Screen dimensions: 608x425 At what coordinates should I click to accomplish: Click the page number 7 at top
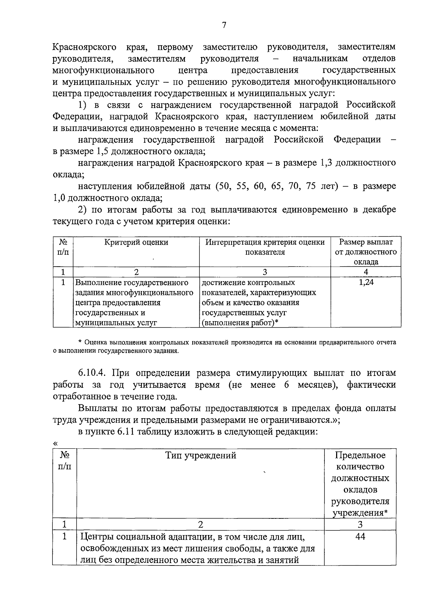pos(224,25)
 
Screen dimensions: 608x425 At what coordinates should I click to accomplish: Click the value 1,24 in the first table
pos(366,283)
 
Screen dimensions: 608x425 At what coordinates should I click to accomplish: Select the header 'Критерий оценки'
pos(136,242)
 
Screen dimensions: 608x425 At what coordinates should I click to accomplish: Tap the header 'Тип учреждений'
pos(201,455)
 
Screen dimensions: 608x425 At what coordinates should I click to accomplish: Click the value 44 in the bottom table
pos(360,536)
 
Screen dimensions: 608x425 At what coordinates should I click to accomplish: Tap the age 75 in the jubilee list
pos(311,187)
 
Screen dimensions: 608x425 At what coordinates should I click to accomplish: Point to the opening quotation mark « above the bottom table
pos(55,443)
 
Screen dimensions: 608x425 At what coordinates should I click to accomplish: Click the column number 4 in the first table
pos(366,272)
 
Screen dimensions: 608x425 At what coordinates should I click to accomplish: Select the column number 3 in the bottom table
pos(360,524)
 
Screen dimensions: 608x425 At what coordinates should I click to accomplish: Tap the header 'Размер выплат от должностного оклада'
pos(366,252)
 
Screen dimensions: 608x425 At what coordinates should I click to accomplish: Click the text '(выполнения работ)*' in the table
pos(240,323)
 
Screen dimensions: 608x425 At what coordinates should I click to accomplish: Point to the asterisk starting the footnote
pos(80,342)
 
